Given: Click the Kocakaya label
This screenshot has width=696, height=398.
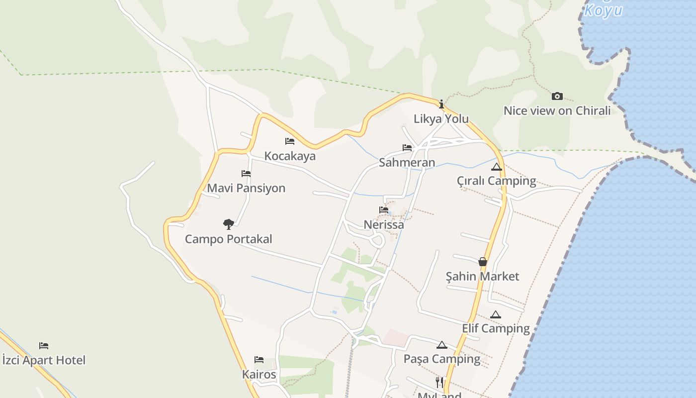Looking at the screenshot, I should [x=290, y=156].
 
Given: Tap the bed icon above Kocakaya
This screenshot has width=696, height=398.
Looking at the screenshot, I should [x=290, y=142].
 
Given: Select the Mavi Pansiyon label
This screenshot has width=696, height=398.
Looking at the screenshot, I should [x=246, y=188].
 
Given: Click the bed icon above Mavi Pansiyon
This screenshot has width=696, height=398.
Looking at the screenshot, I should [x=246, y=174].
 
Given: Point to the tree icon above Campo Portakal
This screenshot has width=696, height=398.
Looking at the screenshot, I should [x=229, y=224].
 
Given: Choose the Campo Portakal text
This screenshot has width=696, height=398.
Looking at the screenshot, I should [x=229, y=239].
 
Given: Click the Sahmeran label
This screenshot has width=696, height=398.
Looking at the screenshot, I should [x=407, y=163].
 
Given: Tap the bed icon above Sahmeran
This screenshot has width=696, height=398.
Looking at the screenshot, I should [x=407, y=148].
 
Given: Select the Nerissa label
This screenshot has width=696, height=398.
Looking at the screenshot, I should [x=384, y=224].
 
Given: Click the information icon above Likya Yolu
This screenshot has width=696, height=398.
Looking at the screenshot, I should [x=441, y=104].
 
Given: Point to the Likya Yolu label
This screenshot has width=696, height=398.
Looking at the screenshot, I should [x=441, y=119].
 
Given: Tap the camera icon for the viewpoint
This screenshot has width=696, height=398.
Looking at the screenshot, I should [x=557, y=96].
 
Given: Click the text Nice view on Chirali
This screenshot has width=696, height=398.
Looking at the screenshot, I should [x=557, y=111].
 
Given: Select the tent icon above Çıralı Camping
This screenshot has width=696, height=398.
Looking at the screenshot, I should [x=496, y=167].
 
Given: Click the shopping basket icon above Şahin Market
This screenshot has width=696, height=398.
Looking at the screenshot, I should [x=482, y=262].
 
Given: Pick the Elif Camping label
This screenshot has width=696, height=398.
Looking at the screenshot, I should [x=496, y=328].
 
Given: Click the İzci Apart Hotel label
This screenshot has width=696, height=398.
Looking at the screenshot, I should [x=44, y=360].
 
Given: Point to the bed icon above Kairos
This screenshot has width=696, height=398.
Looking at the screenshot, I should [x=259, y=360].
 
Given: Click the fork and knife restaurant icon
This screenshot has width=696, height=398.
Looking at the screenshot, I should [x=439, y=382].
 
